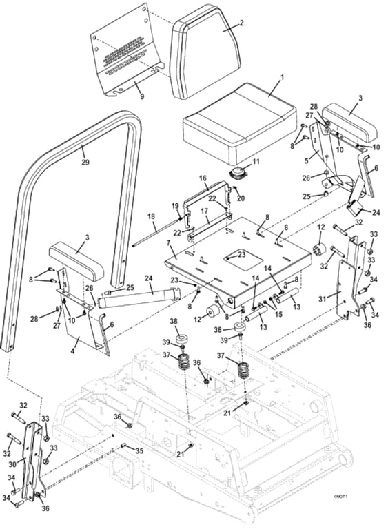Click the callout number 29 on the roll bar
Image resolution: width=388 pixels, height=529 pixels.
[x=85, y=163]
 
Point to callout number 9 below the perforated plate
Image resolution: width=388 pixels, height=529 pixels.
[x=142, y=96]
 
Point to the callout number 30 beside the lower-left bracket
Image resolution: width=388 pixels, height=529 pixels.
[x=12, y=464]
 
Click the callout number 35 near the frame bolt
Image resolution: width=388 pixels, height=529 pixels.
[x=139, y=450]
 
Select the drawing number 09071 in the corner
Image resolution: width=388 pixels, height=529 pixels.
[x=340, y=496]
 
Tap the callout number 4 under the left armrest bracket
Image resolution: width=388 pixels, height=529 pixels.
[x=73, y=351]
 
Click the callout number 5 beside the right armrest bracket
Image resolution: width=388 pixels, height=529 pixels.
[x=306, y=161]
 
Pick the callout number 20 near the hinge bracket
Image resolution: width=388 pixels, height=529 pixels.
[x=241, y=198]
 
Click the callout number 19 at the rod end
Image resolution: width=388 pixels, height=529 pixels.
[x=174, y=206]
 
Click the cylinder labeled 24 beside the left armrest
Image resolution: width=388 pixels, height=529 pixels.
[x=139, y=295]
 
